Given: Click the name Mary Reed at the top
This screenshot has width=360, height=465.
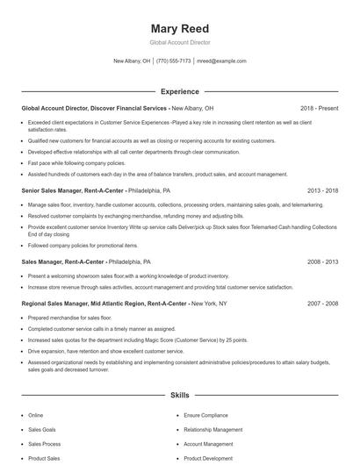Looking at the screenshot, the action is (179, 28).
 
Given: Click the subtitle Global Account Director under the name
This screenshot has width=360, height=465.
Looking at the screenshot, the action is (179, 42).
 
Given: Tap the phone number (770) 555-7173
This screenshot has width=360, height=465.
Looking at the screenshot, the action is (174, 61).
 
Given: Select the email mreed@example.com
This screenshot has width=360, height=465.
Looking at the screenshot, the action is (221, 61).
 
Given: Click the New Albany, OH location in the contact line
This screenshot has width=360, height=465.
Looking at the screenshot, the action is (133, 61).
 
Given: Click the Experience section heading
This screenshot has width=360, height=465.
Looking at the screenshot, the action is (179, 91).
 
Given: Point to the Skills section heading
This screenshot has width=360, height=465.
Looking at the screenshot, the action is (179, 396).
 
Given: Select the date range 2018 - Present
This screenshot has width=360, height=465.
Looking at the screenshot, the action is (319, 108).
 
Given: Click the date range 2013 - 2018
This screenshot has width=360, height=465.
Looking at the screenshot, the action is (322, 190).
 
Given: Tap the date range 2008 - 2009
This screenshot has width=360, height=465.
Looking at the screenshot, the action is (322, 261).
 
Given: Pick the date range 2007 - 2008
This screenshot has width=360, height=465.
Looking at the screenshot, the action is (322, 303).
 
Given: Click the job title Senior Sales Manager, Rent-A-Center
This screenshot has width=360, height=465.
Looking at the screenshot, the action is (73, 190).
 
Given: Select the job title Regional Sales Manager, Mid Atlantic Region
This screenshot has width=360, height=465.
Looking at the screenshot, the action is (83, 303).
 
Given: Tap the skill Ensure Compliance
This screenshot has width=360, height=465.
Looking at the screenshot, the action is (205, 415).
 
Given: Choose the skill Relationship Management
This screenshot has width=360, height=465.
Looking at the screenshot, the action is (213, 430).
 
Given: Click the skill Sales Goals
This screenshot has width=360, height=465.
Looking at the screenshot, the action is (42, 430).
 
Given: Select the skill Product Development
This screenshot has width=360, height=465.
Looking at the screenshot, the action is (208, 458).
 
